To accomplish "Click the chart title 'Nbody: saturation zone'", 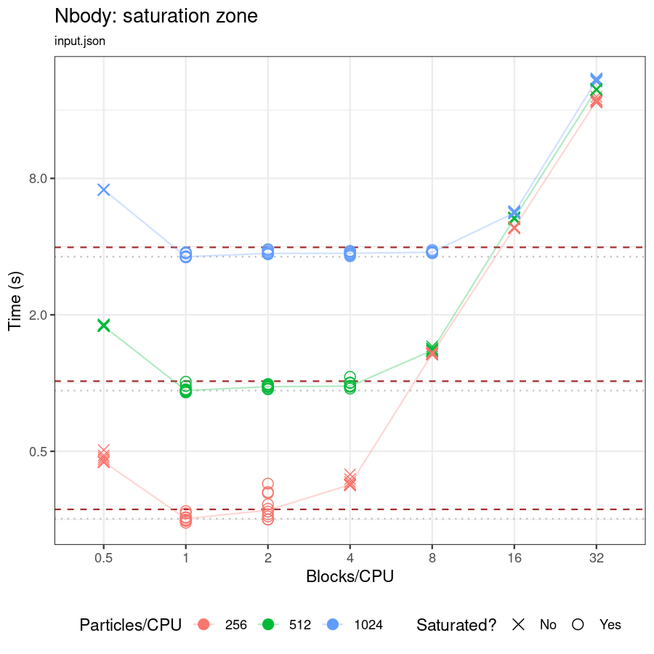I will pos(156,16).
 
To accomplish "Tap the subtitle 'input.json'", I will pos(80,41).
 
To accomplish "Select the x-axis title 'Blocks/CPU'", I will pos(350,576).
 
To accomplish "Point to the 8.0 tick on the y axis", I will pos(38,179).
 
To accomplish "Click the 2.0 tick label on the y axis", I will pos(38,315).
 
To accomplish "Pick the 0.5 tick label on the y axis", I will pos(38,451).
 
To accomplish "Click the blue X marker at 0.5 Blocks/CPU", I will pos(103,190).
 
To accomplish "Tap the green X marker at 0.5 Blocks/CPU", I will pos(103,325).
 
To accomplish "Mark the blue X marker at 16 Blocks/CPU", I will pos(514,211).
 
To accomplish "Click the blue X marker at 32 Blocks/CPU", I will pos(596,78).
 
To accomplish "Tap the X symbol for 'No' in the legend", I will pos(518,624).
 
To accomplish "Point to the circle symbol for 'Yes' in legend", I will pos(578,624).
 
